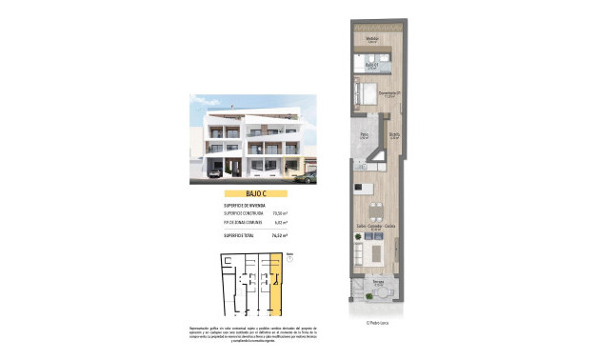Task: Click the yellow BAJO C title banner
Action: [x=246, y=193]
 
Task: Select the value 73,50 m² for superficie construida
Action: [x=280, y=213]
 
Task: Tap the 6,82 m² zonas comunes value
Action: [x=280, y=222]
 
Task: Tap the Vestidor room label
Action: [x=372, y=40]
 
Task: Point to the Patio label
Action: [x=364, y=136]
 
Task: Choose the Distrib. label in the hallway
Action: [x=392, y=136]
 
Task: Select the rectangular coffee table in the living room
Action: [x=375, y=252]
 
